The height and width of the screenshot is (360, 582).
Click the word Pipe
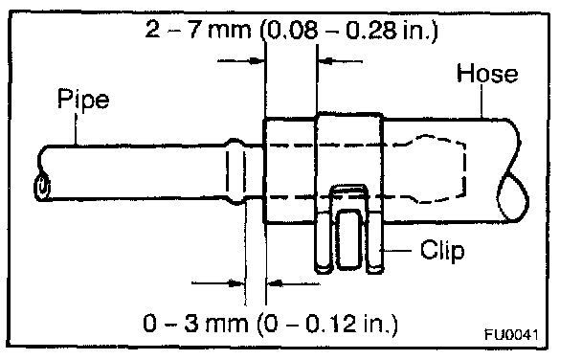(x=83, y=99)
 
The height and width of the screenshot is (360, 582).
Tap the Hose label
(x=487, y=73)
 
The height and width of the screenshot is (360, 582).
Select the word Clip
(x=442, y=250)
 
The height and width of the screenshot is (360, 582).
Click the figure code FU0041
(x=511, y=334)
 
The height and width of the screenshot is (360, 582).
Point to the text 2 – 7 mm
(x=198, y=30)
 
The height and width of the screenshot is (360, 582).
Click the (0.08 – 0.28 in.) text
(x=348, y=31)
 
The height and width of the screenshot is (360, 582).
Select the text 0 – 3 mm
(x=195, y=323)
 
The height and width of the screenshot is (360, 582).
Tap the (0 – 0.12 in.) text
(x=327, y=324)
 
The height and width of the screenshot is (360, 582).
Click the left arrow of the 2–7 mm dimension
(x=240, y=60)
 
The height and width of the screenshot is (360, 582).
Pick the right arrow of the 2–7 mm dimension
(x=341, y=61)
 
